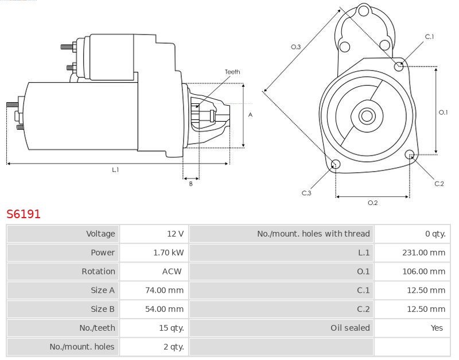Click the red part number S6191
[24, 214]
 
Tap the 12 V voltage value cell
[176, 234]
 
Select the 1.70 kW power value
[169, 253]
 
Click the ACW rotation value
[172, 271]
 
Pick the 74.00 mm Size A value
[165, 290]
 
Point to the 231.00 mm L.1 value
[424, 253]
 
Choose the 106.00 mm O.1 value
[424, 271]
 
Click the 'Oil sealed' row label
[350, 328]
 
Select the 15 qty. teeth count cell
[172, 328]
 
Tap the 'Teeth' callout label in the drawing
[232, 72]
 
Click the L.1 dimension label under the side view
[115, 169]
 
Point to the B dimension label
[191, 184]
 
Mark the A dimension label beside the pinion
[250, 115]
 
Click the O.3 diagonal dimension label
[295, 47]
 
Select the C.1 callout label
[429, 37]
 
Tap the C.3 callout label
[306, 193]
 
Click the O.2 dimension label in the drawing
[372, 203]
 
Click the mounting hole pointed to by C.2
[410, 154]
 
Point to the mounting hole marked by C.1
[399, 67]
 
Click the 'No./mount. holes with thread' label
[313, 234]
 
